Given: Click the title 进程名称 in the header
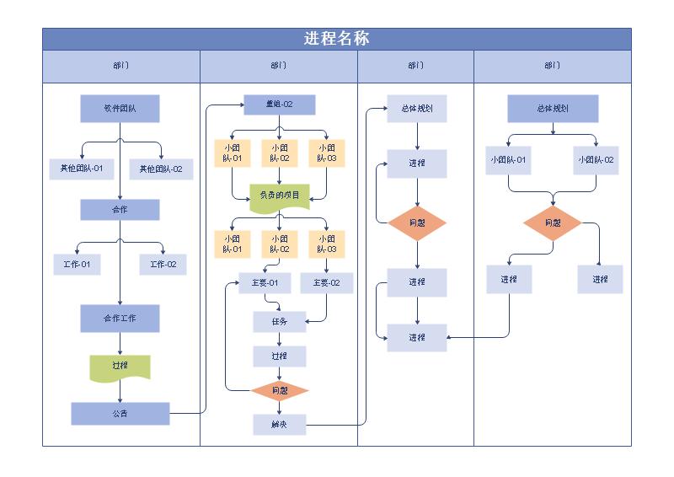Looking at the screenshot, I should click(336, 39).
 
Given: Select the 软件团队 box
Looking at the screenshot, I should click(120, 109).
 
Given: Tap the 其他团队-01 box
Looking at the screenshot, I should click(81, 169).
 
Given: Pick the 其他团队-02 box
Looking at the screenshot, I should click(161, 169).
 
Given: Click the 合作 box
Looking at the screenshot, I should click(120, 210).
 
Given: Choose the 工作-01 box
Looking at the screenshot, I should click(77, 265).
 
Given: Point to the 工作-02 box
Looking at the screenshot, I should click(163, 265).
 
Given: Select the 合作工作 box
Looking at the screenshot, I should click(120, 319).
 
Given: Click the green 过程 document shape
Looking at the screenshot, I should click(120, 367).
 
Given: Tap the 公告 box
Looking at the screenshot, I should click(120, 414).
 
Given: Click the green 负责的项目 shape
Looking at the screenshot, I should click(280, 196).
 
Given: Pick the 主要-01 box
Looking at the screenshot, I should click(265, 283).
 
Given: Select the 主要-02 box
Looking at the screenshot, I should click(326, 283).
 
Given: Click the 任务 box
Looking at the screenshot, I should click(280, 322).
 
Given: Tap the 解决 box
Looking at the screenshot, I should click(280, 425).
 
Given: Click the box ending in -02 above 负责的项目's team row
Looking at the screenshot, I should click(280, 153).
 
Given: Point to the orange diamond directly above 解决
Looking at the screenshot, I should click(280, 391).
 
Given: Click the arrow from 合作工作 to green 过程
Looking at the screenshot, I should click(120, 344).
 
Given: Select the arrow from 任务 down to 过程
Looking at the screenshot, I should click(280, 340).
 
